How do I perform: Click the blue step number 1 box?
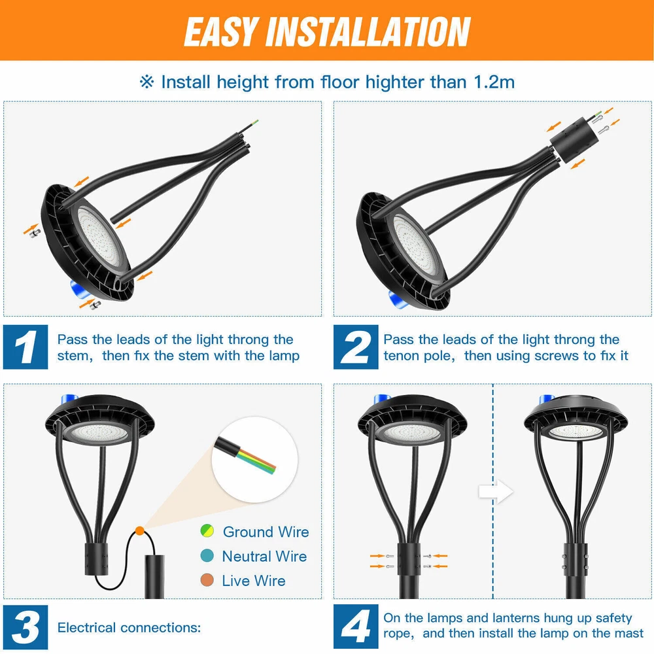(26, 347)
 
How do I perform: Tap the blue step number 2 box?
(356, 347)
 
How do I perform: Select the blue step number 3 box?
(26, 627)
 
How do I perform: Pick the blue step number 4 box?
(356, 627)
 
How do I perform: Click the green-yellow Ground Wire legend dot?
(207, 530)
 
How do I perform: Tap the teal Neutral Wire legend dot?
(207, 555)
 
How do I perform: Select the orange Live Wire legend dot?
(207, 580)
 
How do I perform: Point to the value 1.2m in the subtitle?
(494, 82)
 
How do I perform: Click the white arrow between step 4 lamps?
(496, 491)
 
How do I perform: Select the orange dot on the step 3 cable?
(140, 531)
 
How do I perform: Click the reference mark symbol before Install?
(146, 82)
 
